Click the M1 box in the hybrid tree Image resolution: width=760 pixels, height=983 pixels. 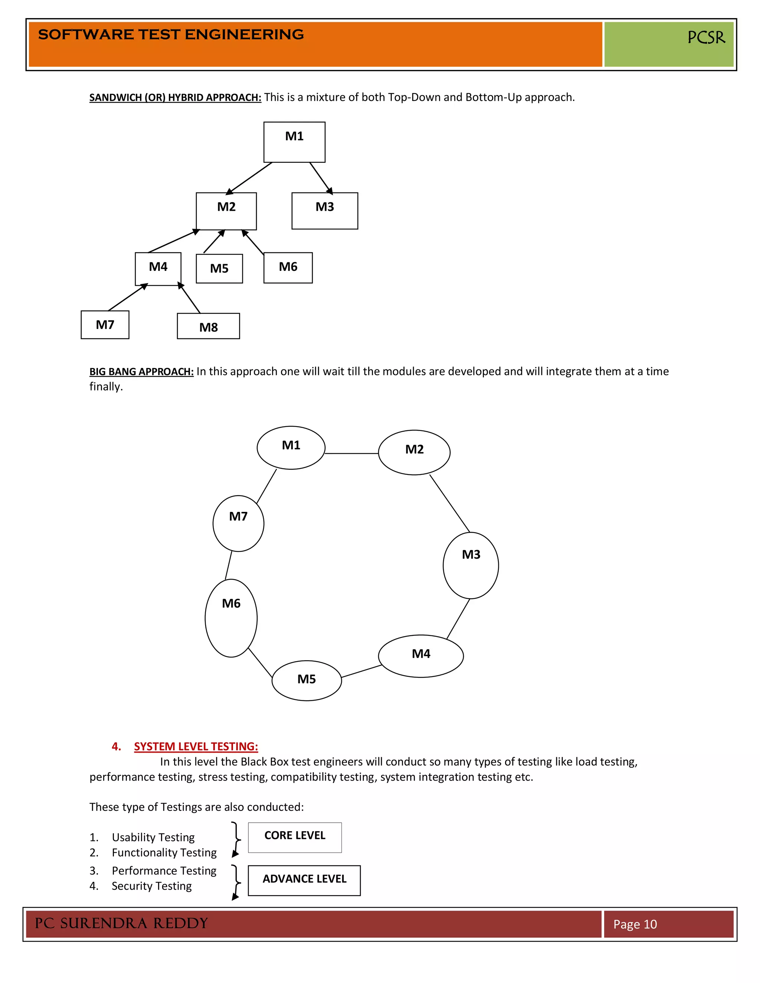pos(294,142)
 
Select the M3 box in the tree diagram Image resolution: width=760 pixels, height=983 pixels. pos(325,211)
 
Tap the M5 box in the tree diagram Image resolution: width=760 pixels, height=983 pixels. pos(219,269)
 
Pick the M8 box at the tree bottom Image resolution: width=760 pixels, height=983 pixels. pos(209,326)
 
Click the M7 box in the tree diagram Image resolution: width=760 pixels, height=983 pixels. pos(105,325)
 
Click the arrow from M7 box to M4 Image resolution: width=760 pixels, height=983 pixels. pos(128,297)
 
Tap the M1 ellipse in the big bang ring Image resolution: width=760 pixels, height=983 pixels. pos(291,447)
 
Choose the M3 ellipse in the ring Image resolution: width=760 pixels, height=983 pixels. pos(471,565)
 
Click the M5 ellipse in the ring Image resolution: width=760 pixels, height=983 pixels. pos(307,681)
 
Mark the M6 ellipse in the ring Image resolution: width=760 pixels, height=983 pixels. pos(231,618)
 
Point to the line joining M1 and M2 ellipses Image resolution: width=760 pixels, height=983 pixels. pos(351,454)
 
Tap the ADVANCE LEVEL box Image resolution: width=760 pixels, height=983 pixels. pos(304,880)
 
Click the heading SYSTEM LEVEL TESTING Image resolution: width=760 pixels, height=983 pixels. pos(196,747)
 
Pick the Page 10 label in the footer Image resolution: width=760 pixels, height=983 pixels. pos(635,924)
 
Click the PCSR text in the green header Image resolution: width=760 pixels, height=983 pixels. pos(705,37)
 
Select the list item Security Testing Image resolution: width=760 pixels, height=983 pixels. pos(151,886)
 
